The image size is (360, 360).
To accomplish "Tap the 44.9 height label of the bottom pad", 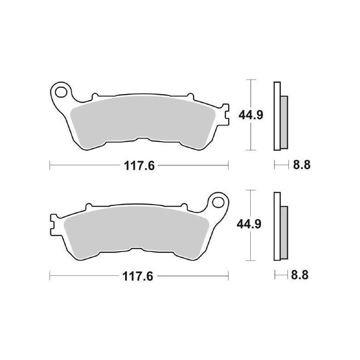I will (248, 224).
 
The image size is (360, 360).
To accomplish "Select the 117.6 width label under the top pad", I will (139, 166).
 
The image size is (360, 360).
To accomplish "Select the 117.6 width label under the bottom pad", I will (139, 275).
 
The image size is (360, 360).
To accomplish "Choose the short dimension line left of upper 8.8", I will (281, 166).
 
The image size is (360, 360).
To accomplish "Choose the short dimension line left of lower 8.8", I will (281, 275).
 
